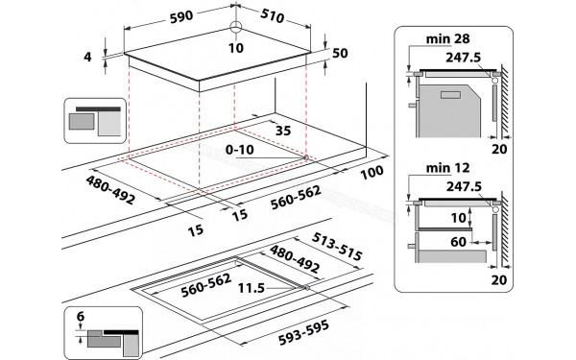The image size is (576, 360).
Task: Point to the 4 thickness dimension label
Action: pos(87,58)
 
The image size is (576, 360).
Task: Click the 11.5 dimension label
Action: pos(252,287)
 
